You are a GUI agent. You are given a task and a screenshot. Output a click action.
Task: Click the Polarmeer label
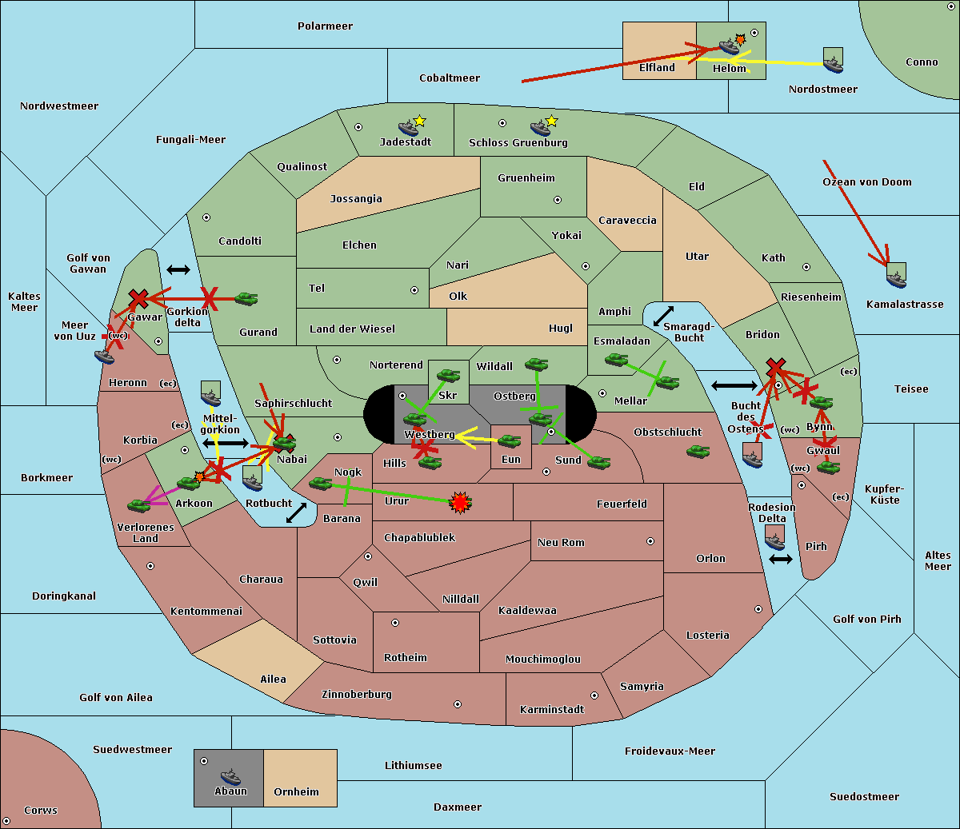click(x=325, y=26)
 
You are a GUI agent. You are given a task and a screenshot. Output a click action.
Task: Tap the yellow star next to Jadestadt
click(x=419, y=122)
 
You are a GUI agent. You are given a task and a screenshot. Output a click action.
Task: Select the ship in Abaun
click(x=231, y=776)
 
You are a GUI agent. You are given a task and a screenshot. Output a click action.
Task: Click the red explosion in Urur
click(x=460, y=503)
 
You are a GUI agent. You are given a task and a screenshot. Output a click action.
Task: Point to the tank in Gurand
click(x=246, y=298)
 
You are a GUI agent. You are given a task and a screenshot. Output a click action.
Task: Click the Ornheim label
click(x=296, y=791)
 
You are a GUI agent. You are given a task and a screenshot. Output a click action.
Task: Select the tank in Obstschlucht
click(x=698, y=451)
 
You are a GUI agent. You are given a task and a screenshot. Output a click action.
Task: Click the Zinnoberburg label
click(x=357, y=694)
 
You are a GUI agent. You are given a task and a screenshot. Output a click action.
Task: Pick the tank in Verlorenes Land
click(x=139, y=505)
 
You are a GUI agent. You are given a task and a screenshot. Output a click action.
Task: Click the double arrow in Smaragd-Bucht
click(x=663, y=316)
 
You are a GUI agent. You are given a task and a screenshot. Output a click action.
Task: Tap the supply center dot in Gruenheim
click(x=558, y=200)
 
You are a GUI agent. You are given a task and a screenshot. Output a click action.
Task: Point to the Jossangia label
click(x=356, y=199)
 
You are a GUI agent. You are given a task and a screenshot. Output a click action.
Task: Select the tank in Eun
click(x=510, y=441)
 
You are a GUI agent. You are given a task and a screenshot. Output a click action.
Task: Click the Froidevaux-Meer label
click(x=670, y=751)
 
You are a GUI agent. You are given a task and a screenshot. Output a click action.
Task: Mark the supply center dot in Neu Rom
click(x=650, y=541)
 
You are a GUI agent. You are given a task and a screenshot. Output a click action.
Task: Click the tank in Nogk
click(x=321, y=484)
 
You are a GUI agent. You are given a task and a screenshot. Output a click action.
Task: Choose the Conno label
click(x=922, y=62)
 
